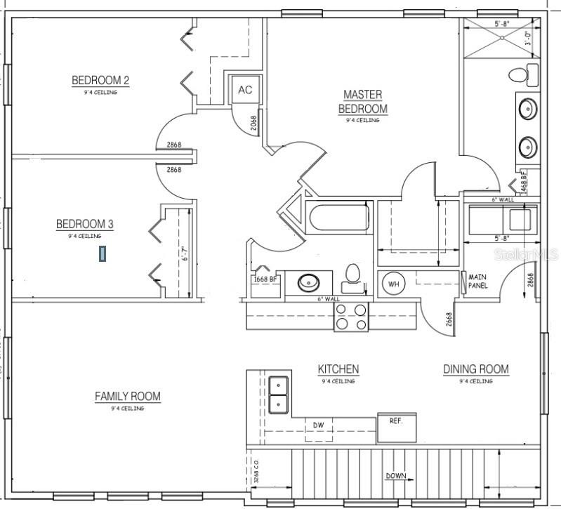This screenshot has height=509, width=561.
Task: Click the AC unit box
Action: [x=245, y=90]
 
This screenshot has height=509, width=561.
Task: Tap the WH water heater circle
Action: [x=392, y=284]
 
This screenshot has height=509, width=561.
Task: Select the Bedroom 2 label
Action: [x=100, y=81]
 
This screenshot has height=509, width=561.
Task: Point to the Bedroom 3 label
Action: [x=85, y=224]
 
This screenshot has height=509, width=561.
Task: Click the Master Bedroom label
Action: [x=362, y=102]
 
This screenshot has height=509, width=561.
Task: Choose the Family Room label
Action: [x=128, y=397]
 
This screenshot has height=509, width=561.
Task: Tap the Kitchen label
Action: [x=338, y=369]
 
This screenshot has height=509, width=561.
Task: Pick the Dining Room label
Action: [x=475, y=369]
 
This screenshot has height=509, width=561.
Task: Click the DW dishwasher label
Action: [x=318, y=425]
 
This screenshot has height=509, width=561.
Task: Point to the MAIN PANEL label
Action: [x=477, y=281]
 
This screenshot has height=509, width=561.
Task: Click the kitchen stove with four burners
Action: [x=351, y=316]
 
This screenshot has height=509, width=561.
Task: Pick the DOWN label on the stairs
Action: [x=395, y=476]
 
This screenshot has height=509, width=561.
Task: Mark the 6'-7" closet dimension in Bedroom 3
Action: [x=185, y=253]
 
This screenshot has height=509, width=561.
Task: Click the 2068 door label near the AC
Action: [x=253, y=124]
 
